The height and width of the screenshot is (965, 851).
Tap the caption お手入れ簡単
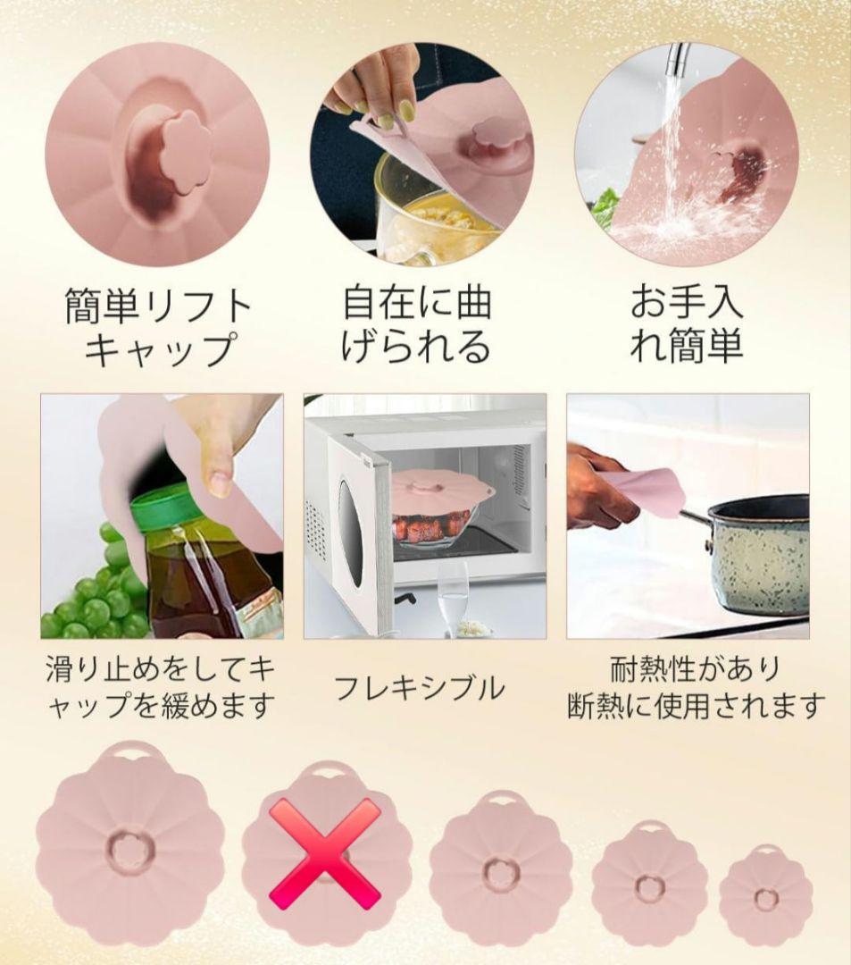pos(686,325)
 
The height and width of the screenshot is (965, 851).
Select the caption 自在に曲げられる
pos(416,325)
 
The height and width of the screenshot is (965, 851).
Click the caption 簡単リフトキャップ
pos(159,327)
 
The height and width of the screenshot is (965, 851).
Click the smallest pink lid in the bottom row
pos(765,894)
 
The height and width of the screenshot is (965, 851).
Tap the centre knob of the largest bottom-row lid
pos(129,850)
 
